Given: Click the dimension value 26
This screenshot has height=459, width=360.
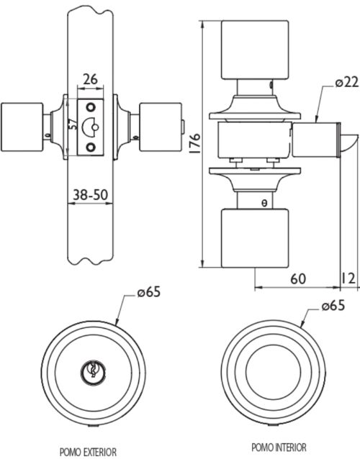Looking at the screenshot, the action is pos(90,79).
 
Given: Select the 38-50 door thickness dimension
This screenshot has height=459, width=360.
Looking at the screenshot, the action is pos(90,195).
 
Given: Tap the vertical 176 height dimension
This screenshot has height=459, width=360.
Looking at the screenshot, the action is pos(195,143).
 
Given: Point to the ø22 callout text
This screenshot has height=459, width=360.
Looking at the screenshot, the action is pos(347,83).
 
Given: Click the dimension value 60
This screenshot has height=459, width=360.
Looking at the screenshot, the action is pos(298,279).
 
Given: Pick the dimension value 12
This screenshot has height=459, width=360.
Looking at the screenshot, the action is pos(348,278).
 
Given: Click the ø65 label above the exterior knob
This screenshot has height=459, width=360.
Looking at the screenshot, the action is pos(149,292).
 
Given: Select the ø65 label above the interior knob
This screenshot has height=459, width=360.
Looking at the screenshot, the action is pos(333,306).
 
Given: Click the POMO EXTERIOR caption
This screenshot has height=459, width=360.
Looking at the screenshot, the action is pos(88,452).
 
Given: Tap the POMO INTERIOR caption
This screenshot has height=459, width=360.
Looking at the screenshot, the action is pos(279,447).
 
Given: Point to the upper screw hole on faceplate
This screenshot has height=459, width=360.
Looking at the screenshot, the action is pos(91,107).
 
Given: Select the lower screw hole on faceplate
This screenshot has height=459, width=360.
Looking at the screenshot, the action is pos(91,147).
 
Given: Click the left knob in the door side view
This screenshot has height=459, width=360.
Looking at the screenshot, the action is pos(22,127).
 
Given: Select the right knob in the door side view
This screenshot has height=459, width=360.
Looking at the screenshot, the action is pos(161,127).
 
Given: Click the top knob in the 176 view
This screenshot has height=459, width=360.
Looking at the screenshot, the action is pos(255,50).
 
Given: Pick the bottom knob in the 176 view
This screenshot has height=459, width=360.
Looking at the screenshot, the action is pos(255,238).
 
